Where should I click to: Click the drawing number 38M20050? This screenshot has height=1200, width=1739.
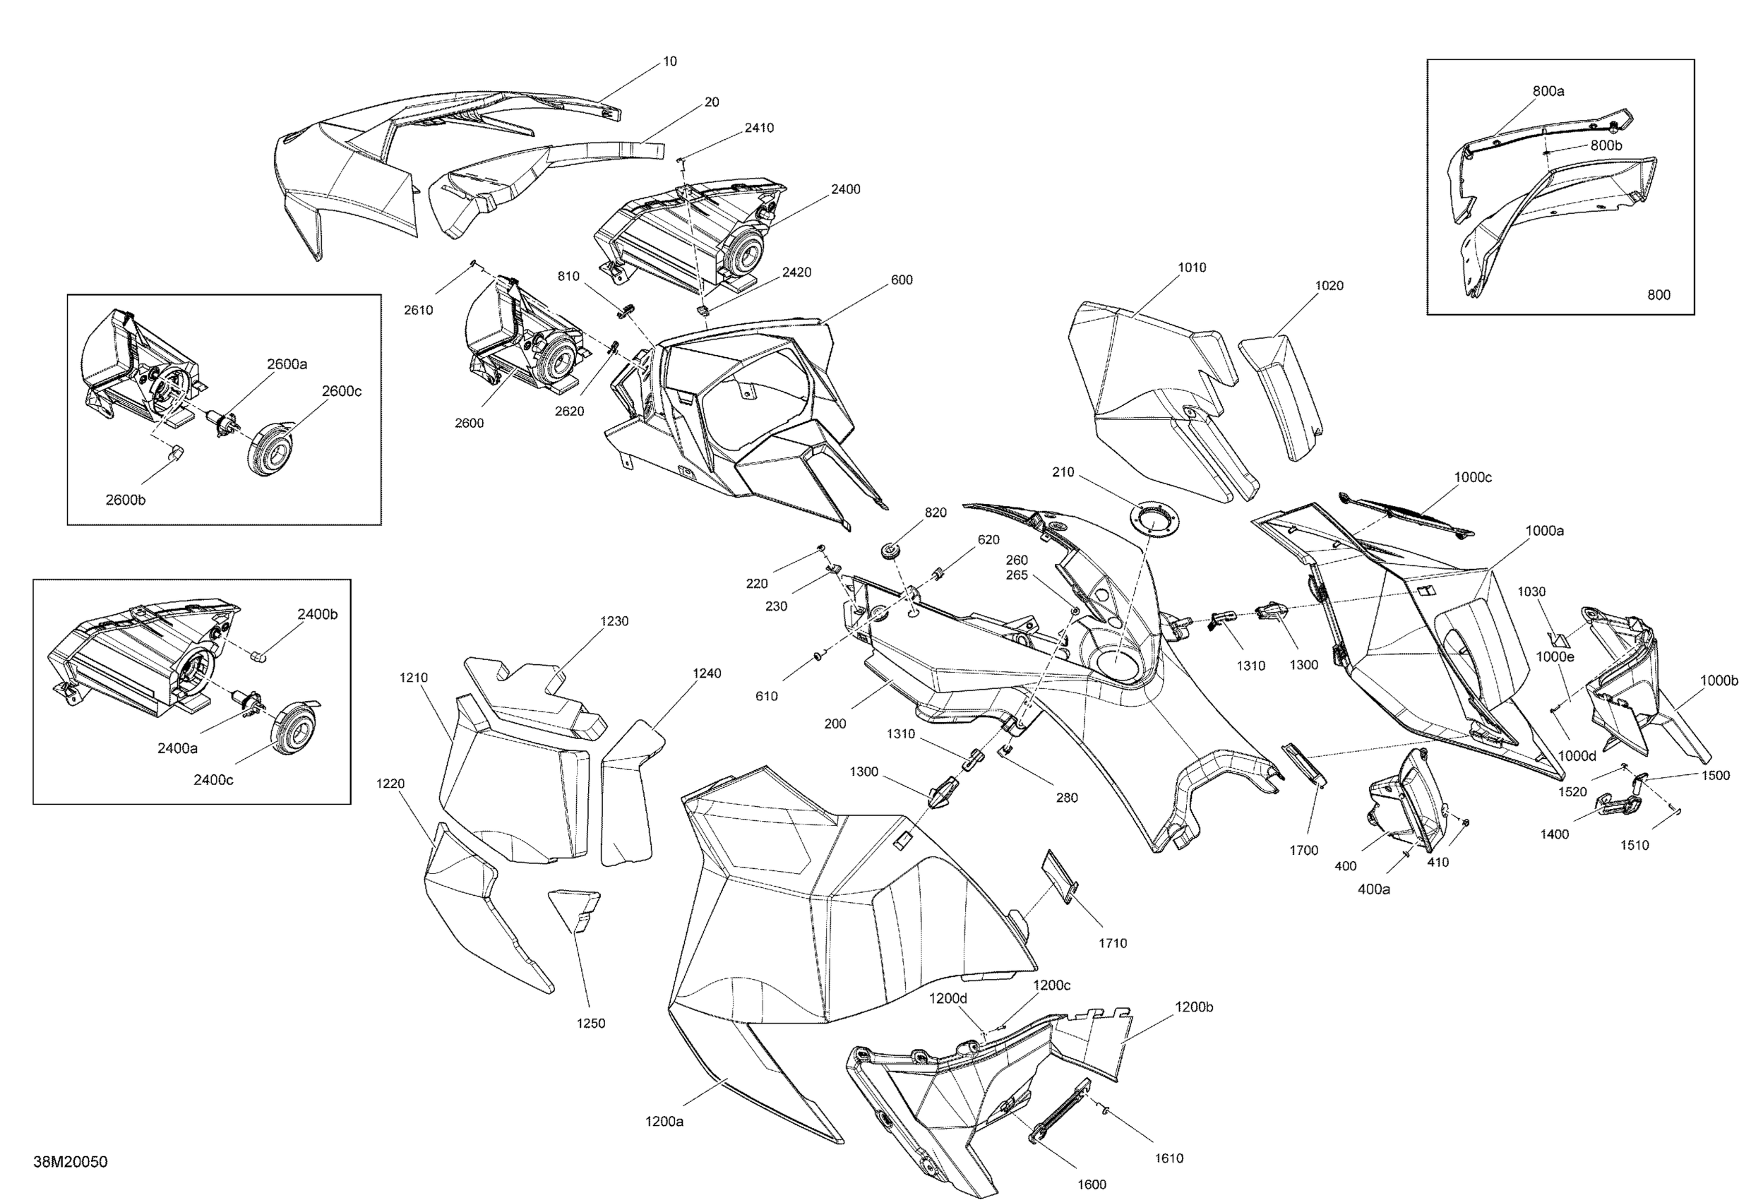coord(70,1162)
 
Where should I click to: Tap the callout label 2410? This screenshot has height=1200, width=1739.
coord(758,128)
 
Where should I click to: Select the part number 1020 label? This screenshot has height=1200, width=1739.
coord(1329,286)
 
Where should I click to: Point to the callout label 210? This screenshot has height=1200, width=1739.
coord(1063,472)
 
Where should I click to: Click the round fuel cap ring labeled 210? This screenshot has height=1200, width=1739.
coord(1154,518)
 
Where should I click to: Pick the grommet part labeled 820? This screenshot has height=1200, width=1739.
coord(892,551)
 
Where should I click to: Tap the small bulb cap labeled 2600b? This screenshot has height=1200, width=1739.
coord(176,454)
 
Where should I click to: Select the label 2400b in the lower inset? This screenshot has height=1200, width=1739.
coord(317,614)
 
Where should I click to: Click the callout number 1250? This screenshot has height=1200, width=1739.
coord(590,1024)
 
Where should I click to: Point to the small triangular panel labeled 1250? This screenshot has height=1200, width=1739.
coord(576,908)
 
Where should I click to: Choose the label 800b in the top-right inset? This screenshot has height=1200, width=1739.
coord(1606,145)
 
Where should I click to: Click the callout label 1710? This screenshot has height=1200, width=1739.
coord(1112,944)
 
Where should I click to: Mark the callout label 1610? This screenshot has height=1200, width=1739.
coord(1169,1158)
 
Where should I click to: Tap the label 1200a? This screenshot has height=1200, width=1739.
coord(664,1122)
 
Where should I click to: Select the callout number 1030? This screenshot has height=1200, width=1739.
coord(1531,592)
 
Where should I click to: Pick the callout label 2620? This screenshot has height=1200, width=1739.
coord(569,412)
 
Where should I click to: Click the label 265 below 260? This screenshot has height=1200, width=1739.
coord(1017,575)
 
